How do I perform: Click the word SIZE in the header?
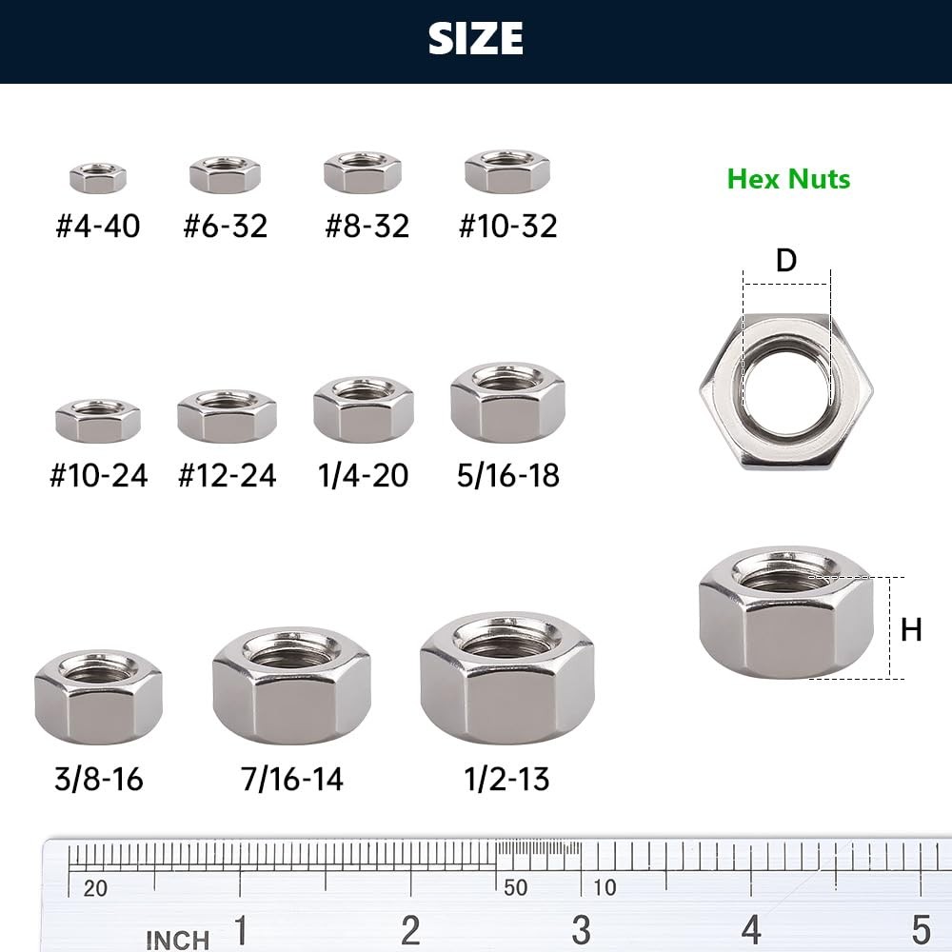point(475,38)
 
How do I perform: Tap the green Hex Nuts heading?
point(788,179)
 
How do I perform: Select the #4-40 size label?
point(98,226)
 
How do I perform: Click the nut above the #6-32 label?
point(226,175)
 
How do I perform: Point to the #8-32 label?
point(367,226)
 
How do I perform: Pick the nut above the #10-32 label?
point(507,171)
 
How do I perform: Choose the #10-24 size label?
point(98,475)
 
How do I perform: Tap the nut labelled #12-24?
point(228,416)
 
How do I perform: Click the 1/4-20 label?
point(363,475)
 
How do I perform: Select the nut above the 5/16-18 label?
point(507,403)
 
